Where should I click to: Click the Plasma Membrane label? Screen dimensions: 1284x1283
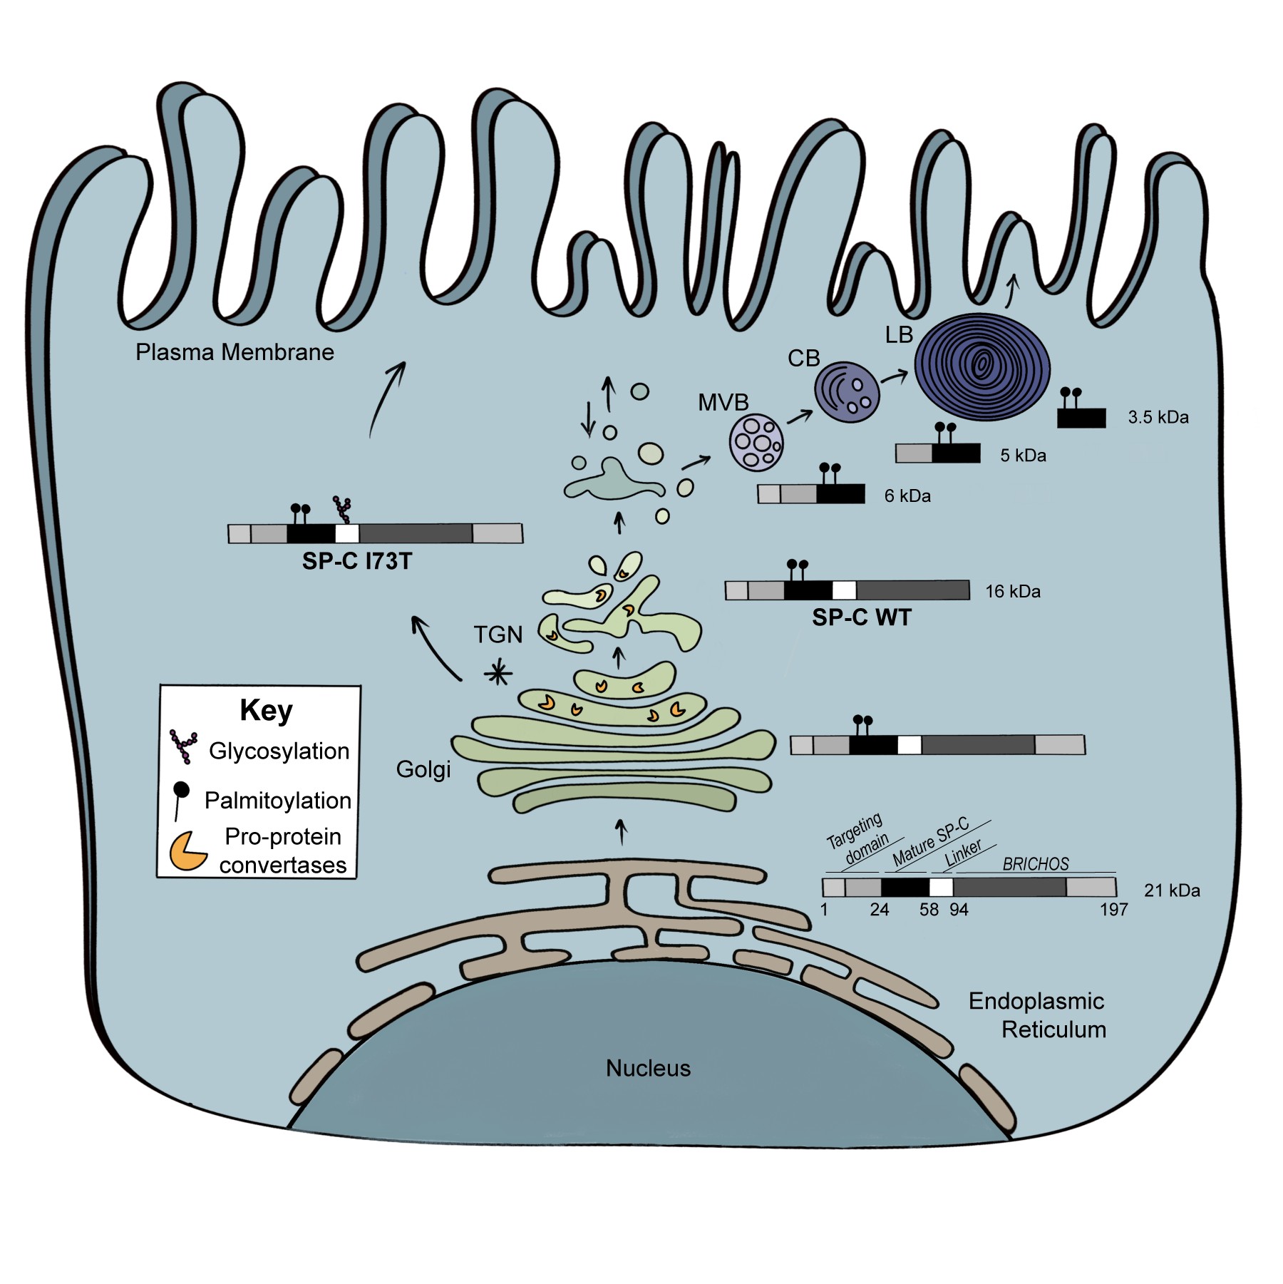pos(235,352)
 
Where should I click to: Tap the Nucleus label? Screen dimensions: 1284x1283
pos(648,1068)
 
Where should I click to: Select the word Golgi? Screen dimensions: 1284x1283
pos(423,769)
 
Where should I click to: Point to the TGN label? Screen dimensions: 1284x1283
pos(498,635)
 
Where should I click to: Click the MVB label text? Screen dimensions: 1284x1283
pos(723,403)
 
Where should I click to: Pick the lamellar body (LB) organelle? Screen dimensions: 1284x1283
pos(981,366)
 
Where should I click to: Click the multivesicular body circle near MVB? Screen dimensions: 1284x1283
pos(756,443)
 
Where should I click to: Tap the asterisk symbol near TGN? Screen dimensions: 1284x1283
pos(498,673)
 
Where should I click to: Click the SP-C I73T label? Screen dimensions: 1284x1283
pos(357,562)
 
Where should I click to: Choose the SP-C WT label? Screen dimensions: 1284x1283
pos(861,617)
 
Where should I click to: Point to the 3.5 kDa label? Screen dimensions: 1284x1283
pos(1158,418)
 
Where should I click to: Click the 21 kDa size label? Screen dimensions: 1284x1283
pos(1172,890)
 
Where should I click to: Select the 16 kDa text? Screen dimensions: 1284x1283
pos(1013,592)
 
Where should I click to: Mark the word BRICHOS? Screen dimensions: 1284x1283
pos(1036,865)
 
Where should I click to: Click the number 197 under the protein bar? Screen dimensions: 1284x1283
pos(1113,910)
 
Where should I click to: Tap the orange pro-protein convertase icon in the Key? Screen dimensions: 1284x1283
pos(187,851)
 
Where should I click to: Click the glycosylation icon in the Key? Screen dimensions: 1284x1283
pos(183,746)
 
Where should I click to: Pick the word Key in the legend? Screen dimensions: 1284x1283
pos(266,711)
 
